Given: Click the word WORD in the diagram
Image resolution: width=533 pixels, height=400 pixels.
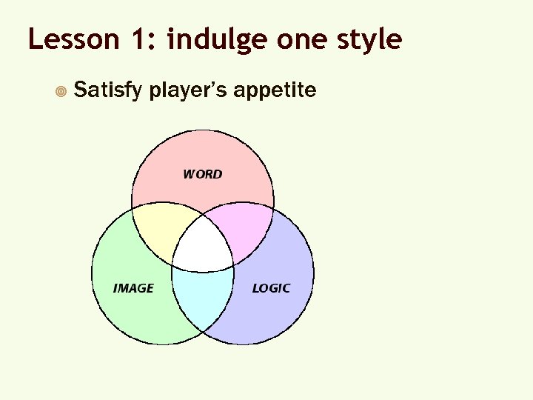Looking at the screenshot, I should pos(202,174).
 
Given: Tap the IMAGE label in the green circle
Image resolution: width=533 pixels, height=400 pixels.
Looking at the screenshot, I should pos(133,288).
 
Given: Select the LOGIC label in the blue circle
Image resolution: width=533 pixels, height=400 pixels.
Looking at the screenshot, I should pos(271,288).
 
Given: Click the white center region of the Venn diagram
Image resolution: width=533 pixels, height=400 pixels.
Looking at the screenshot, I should pos(203,245).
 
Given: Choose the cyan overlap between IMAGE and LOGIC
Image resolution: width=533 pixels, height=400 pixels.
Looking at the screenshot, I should pos(203,300).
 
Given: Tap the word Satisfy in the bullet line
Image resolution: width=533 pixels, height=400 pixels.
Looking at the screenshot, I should pos(109,91).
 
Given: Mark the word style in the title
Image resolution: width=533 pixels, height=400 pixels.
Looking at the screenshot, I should pos(374,40).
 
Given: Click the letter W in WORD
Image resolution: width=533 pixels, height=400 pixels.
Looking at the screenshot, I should pos(189,174).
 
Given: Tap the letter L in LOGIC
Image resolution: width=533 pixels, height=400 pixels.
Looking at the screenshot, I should pos(255,288).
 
